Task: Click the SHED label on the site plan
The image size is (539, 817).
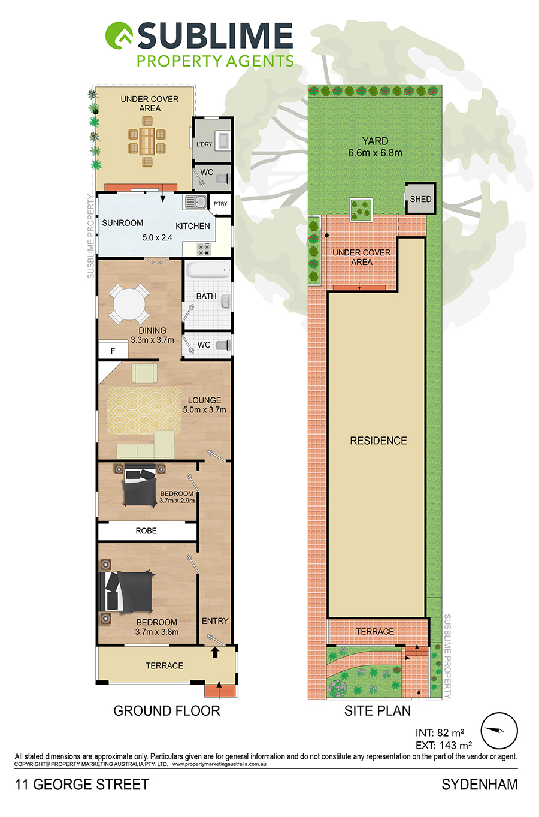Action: pos(420,199)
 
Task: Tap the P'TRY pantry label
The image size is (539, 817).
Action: pos(220,204)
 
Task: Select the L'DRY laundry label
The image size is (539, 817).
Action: pos(204,144)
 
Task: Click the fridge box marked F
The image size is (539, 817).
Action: pos(113,351)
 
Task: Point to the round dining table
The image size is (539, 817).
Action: pos(129,304)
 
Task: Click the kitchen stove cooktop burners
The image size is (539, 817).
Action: pos(204,249)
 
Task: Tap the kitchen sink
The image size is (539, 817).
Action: pos(195,201)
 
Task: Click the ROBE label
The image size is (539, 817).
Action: pos(146,530)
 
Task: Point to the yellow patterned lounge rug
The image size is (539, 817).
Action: pos(144,411)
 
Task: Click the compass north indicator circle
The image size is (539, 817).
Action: pos(499,731)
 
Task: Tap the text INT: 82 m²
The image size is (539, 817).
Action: pos(440,732)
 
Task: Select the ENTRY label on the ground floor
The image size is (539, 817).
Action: pos(215,621)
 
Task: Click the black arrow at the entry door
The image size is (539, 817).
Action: pos(215,652)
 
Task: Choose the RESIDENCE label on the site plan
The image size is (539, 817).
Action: pos(378,441)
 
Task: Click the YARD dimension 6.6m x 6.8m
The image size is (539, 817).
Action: pos(375,153)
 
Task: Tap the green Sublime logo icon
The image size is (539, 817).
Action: pos(119,35)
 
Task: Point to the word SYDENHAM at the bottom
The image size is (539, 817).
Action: pos(480,785)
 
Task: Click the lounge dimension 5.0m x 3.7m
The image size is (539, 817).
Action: pos(204,409)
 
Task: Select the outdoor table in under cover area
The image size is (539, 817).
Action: pos(147,140)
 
